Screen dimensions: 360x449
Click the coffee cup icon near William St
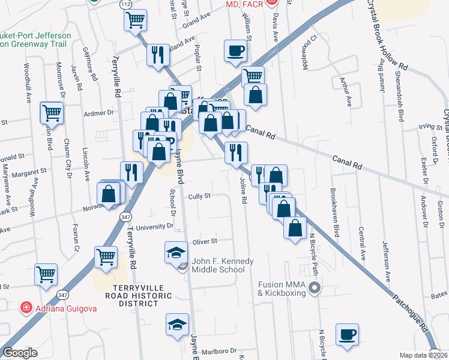click(236, 50)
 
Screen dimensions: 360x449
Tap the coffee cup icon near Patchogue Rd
click(346, 335)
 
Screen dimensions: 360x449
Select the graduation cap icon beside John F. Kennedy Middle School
click(176, 251)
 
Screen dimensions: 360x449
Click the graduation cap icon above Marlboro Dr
click(177, 325)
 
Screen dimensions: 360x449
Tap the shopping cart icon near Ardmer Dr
click(52, 112)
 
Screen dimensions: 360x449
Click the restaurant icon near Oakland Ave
click(158, 55)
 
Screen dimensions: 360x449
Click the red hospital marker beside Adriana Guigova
click(26, 308)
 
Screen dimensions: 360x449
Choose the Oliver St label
click(204, 241)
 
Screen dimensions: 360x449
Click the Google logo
click(20, 353)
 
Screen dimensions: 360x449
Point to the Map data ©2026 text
click(423, 355)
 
